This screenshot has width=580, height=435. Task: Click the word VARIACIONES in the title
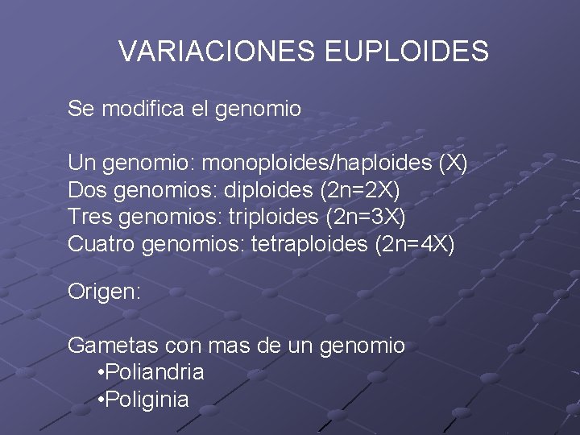click(x=217, y=52)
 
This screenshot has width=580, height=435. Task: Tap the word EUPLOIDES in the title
click(x=407, y=52)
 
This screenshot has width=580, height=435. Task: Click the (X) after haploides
click(x=452, y=164)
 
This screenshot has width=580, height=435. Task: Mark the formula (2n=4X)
click(x=415, y=244)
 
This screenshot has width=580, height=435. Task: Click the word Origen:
click(x=105, y=292)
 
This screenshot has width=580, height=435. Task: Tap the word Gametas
click(x=114, y=346)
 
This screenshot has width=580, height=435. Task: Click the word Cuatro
click(x=101, y=244)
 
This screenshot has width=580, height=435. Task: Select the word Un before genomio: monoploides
click(x=80, y=164)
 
